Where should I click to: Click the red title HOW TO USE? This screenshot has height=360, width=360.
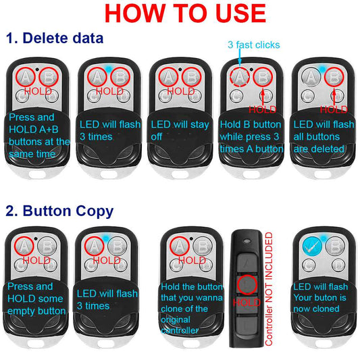[185, 13]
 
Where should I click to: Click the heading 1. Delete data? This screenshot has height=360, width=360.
[55, 38]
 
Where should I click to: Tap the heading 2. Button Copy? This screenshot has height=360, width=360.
[59, 211]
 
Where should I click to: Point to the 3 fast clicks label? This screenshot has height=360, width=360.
[254, 45]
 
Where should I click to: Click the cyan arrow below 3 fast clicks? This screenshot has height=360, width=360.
[240, 55]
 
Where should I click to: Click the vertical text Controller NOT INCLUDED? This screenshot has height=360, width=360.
[269, 289]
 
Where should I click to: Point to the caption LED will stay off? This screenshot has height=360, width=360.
[180, 130]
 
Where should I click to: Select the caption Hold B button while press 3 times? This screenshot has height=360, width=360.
[252, 137]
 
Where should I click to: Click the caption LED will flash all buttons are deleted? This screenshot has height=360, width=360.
[324, 137]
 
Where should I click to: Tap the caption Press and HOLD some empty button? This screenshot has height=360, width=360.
[36, 299]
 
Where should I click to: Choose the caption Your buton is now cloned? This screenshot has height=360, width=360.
[319, 303]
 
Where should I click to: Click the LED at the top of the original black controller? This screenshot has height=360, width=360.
[247, 241]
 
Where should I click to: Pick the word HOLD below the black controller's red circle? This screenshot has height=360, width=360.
[247, 303]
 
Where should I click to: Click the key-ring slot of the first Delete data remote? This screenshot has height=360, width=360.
[38, 174]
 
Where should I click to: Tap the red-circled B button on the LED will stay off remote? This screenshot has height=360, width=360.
[191, 77]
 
